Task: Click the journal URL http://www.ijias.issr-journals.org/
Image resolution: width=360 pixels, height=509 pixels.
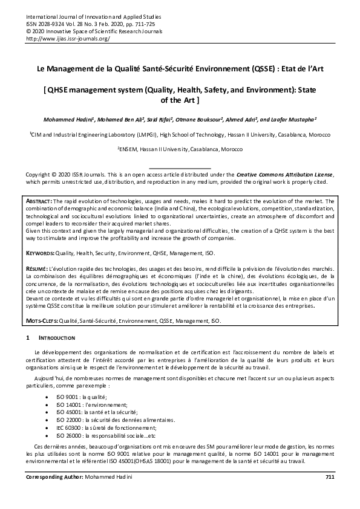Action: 68,37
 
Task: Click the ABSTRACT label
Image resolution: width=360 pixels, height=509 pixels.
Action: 40,201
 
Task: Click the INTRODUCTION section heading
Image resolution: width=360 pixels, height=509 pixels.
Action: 57,337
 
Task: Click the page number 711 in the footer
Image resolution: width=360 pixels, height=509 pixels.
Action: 329,494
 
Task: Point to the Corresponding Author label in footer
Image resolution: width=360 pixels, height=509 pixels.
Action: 53,494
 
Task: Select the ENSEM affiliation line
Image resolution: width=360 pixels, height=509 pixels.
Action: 180,148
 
